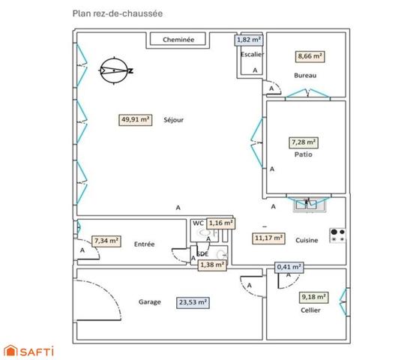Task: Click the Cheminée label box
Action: point(178,40)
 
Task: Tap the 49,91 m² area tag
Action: point(136,118)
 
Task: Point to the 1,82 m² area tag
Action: point(249,40)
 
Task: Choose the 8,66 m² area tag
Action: point(310,56)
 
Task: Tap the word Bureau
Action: point(305,76)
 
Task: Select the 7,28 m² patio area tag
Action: point(304,141)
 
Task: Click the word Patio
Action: point(303,155)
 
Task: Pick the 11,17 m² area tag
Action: point(269,238)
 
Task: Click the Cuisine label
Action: point(307,240)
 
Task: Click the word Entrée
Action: point(144,244)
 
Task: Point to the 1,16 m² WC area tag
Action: point(220,223)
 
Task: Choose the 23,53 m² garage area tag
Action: point(192,303)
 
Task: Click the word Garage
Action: point(149,302)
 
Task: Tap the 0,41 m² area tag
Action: point(289,267)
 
